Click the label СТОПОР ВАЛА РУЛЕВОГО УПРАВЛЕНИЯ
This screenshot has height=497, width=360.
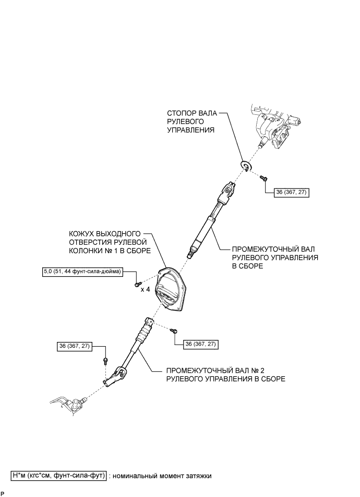(x=190, y=121)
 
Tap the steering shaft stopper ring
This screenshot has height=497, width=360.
(x=246, y=165)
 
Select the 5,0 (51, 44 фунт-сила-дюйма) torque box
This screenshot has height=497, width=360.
(x=83, y=271)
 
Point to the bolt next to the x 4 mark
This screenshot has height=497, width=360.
(x=137, y=283)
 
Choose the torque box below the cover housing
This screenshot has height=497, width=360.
(x=200, y=344)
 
